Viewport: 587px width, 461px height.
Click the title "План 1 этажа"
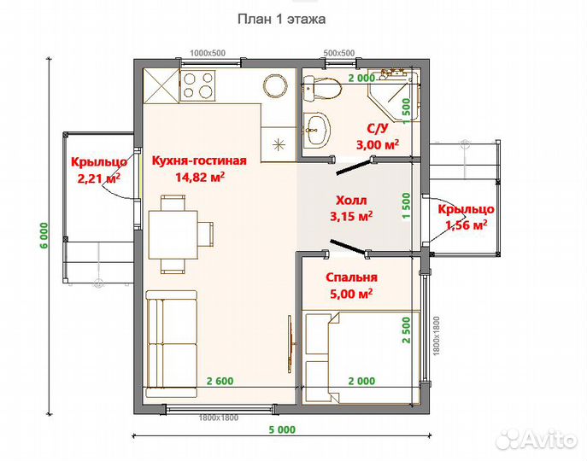pos(281,19)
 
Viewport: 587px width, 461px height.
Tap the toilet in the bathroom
pos(322,89)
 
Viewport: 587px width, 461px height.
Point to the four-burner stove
pos(198,85)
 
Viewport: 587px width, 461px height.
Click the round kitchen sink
pos(275,85)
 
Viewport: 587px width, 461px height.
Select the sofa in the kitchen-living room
pos(172,343)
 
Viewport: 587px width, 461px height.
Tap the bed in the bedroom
pos(361,357)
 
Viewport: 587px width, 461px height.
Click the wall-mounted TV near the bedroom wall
pos(291,344)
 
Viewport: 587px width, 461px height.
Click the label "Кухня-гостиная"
pos(199,160)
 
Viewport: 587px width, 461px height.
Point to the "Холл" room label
pos(351,200)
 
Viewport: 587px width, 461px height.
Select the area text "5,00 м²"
pos(351,294)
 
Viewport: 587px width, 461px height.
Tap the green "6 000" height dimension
pos(44,236)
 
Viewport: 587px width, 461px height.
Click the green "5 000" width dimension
pos(282,429)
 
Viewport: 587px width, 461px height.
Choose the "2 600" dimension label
pos(220,381)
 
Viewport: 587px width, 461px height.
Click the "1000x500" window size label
pos(208,53)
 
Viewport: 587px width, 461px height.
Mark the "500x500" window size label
pos(339,53)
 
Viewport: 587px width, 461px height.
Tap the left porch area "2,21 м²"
pos(99,178)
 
